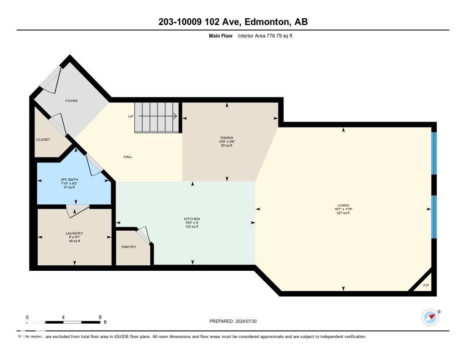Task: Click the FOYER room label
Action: (x=71, y=101)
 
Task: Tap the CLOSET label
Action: (x=43, y=139)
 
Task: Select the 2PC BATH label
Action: (x=69, y=179)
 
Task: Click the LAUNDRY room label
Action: (x=74, y=233)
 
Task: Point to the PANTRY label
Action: (x=129, y=247)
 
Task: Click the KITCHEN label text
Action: (x=192, y=219)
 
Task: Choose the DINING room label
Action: (x=227, y=137)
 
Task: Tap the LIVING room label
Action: (x=343, y=205)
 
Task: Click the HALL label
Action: (x=128, y=157)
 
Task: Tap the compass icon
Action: (x=430, y=317)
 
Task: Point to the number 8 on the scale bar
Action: (x=100, y=317)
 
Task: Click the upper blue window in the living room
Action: (x=434, y=153)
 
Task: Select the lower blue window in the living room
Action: (x=434, y=217)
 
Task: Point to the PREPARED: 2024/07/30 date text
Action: (x=236, y=321)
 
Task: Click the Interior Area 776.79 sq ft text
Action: (x=265, y=35)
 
